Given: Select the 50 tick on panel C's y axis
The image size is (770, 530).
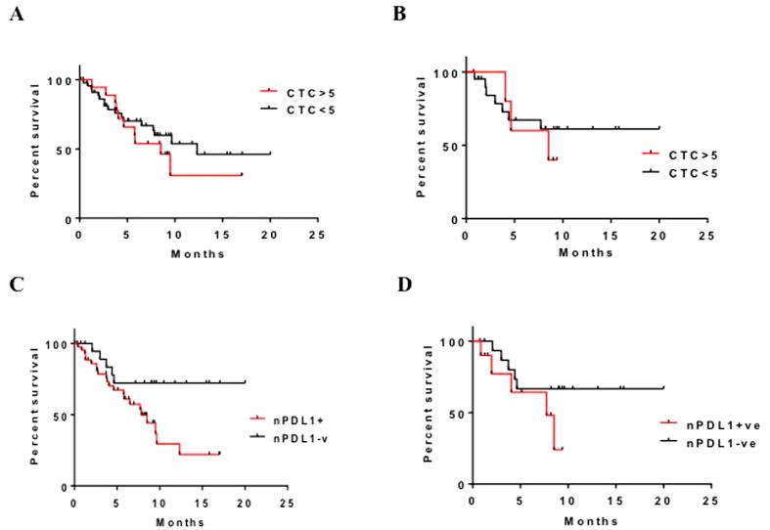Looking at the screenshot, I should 61,416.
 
